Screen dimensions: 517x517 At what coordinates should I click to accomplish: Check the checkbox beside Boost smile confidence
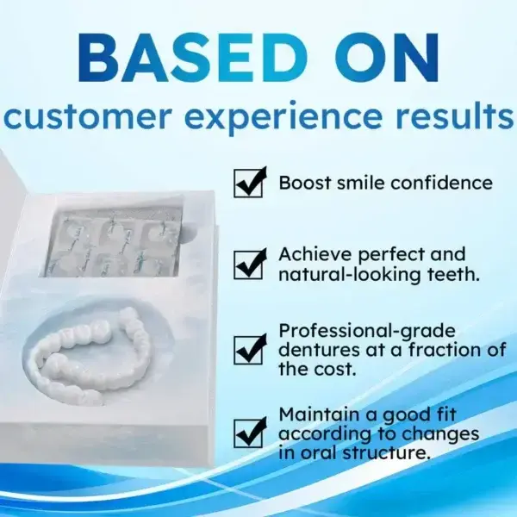pos(249,183)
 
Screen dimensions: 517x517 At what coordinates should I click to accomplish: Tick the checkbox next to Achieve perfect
pos(249,265)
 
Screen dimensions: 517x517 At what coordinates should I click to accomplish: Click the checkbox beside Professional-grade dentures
pos(249,349)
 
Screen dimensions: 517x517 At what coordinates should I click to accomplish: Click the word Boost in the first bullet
pos(305,183)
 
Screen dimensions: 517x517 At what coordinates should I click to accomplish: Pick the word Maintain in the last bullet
pos(317,414)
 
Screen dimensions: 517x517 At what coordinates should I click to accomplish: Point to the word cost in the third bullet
pos(335,368)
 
